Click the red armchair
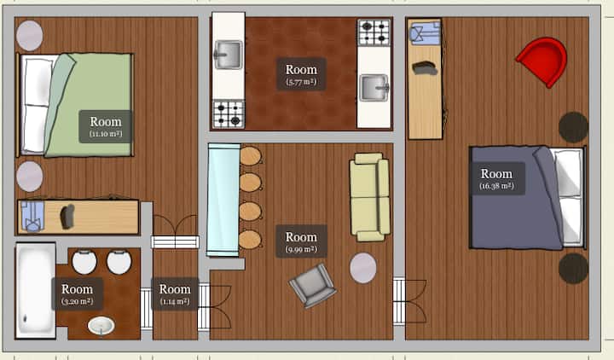[x=543, y=61]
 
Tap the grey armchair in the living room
[x=312, y=285]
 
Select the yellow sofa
[x=369, y=197]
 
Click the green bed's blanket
[x=90, y=105]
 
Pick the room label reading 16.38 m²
[x=496, y=178]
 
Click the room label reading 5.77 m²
[x=301, y=74]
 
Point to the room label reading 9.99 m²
[x=301, y=241]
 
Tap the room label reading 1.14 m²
[x=175, y=293]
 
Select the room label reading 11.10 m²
[x=106, y=126]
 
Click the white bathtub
[x=36, y=290]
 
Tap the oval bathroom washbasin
[x=101, y=326]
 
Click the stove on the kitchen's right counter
[x=374, y=32]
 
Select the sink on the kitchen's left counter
[x=228, y=55]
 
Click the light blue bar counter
[x=223, y=200]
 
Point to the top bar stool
[x=251, y=156]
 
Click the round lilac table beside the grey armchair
[x=363, y=268]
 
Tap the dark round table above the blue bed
[x=573, y=127]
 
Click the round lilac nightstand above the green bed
[x=29, y=36]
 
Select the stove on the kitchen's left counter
[x=229, y=114]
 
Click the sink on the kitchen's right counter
[x=374, y=88]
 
